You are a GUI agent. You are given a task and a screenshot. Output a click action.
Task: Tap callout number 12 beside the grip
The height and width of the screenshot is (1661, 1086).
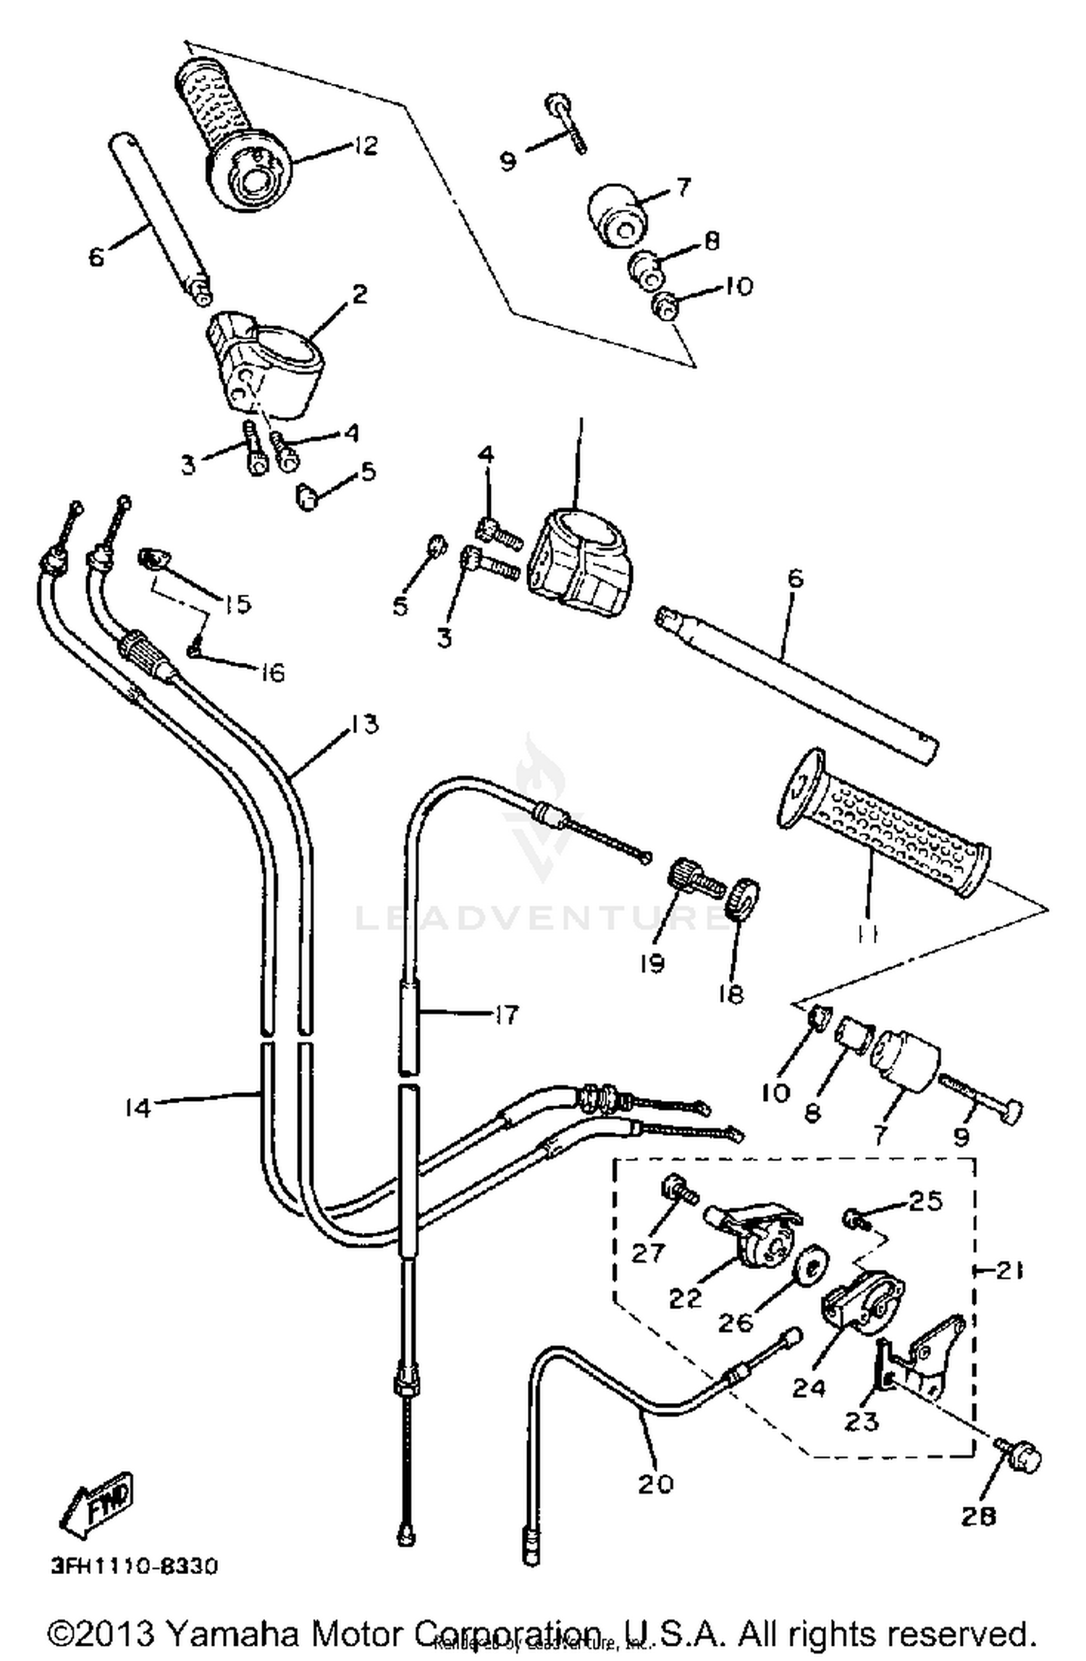(366, 146)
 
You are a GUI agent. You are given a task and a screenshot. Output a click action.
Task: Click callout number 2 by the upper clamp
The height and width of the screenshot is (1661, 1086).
(359, 294)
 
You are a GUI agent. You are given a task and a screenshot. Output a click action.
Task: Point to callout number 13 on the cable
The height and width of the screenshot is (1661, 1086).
(365, 724)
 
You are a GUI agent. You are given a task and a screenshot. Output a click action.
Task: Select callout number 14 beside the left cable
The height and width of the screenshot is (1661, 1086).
(137, 1108)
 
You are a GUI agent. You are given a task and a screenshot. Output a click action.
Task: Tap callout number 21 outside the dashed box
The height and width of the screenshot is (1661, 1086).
(1009, 1270)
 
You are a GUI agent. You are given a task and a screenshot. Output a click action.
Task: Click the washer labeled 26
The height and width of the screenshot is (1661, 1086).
(811, 1268)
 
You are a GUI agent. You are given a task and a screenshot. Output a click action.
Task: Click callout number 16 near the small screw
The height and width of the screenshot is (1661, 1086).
(272, 673)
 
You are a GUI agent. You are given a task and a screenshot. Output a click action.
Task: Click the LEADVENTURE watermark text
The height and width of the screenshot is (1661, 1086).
(539, 918)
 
